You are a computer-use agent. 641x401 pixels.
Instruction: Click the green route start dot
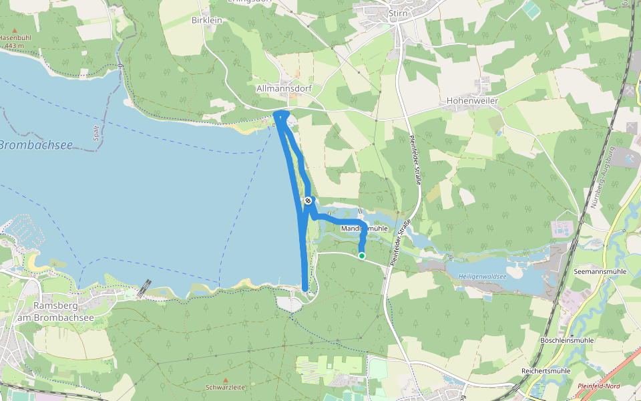click(x=362, y=255)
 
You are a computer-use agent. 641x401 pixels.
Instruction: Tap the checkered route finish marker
click(x=308, y=200)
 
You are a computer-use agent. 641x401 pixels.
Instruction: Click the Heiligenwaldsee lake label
click(x=482, y=276)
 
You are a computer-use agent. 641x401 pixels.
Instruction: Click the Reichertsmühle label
click(x=546, y=370)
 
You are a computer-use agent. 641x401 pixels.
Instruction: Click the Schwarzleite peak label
click(x=225, y=387)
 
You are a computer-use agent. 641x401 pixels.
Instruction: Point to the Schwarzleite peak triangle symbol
click(x=225, y=380)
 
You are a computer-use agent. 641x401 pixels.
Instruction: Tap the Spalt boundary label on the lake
click(x=96, y=134)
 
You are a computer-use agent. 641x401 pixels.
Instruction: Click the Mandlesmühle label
click(x=365, y=229)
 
